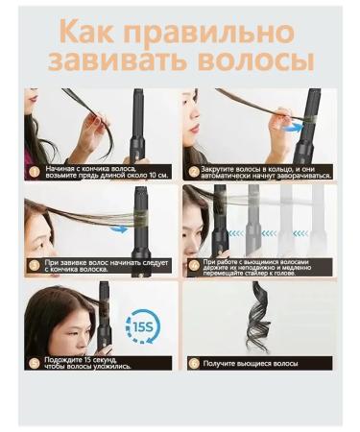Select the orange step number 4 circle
click(x=193, y=264)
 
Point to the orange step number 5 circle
click(x=34, y=362)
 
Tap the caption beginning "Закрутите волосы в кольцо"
click(x=266, y=173)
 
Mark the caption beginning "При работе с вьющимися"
click(x=266, y=264)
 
